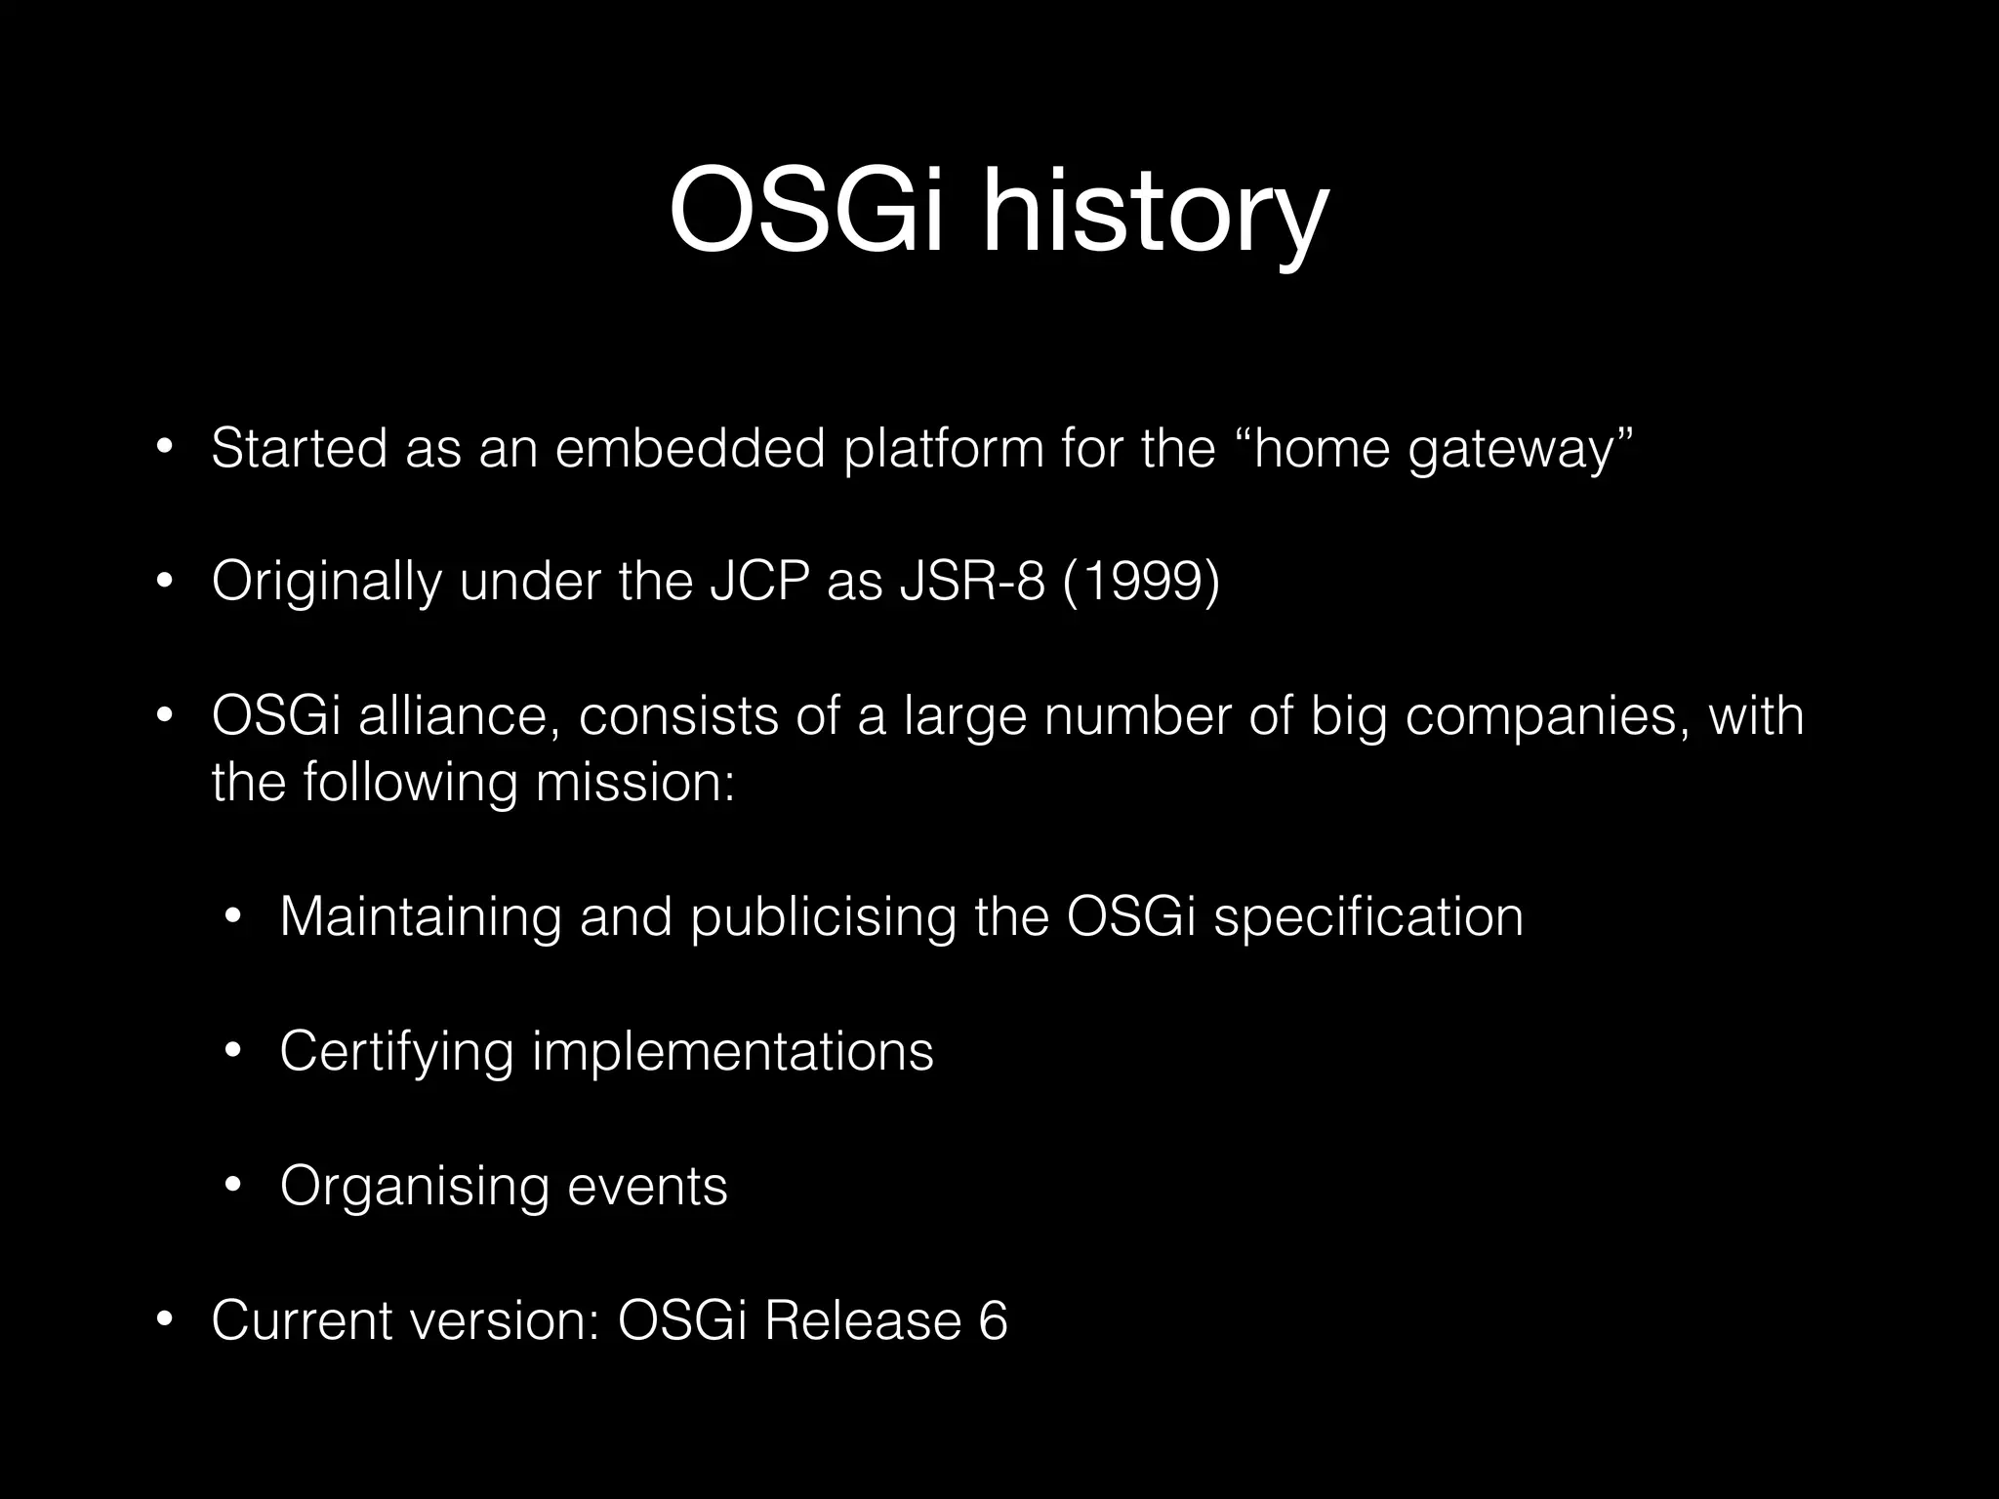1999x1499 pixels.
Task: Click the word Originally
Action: [x=326, y=584]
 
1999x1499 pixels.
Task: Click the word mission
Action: [x=634, y=783]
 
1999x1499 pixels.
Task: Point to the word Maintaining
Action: [x=421, y=917]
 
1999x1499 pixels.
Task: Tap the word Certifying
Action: [x=396, y=1052]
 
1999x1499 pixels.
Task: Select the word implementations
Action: [x=732, y=1052]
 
